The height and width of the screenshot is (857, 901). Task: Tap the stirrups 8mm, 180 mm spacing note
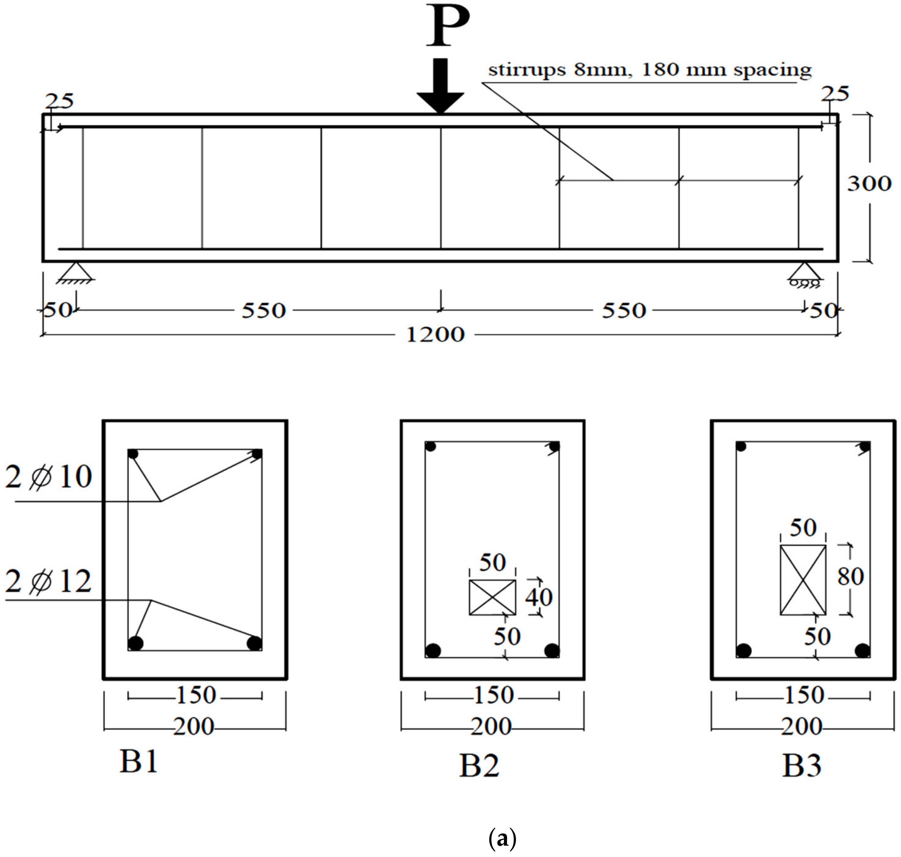649,70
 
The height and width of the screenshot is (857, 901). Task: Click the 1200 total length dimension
435,335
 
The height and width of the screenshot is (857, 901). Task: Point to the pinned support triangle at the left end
75,272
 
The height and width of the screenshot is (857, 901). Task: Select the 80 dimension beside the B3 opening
850,576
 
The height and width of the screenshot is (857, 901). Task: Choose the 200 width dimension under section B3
802,726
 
